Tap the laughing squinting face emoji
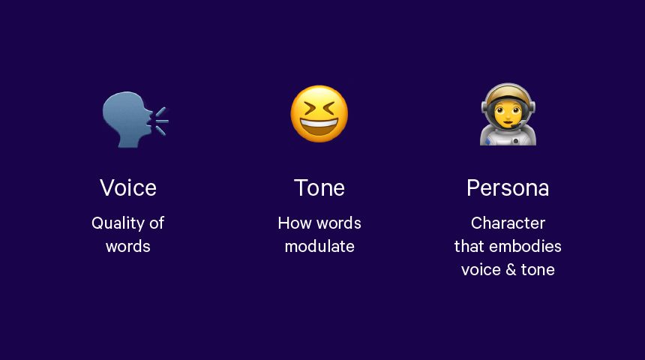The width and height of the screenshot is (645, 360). pos(319,114)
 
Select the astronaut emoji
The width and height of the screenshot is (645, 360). pos(508,115)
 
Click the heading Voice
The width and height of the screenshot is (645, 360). pos(128,188)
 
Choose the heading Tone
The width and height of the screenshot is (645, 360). pos(319,188)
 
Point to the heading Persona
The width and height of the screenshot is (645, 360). pos(508,188)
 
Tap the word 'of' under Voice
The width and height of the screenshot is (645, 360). pos(157,223)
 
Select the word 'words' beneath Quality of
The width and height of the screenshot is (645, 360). pos(128,247)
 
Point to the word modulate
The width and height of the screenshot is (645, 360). pos(319,247)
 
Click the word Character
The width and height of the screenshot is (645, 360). pos(508,223)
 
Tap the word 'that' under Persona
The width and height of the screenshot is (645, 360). pos(469,247)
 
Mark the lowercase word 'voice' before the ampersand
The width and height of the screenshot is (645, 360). pos(481,270)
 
